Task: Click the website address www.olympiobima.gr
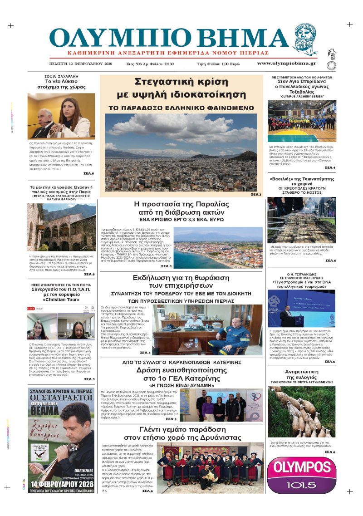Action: tap(280, 63)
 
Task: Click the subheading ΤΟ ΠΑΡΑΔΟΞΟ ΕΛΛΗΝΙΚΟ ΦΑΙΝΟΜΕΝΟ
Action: tap(181, 108)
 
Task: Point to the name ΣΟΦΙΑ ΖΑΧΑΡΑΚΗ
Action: tap(61, 76)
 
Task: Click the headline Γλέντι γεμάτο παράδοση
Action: tap(181, 433)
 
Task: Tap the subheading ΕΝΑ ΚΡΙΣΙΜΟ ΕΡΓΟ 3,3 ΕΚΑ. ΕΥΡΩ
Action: tap(181, 219)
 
